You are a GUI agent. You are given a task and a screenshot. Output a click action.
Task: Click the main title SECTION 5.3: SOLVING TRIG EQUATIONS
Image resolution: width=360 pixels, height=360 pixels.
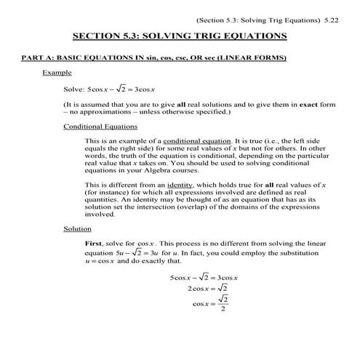coord(180,36)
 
